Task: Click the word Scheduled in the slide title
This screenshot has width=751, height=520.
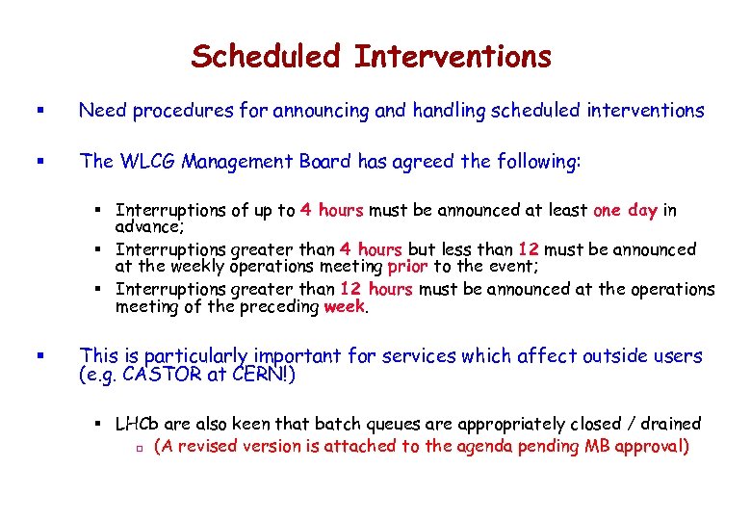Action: click(267, 57)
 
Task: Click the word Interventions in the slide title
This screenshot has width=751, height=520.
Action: click(453, 57)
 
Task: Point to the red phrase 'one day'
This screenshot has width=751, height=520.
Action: click(626, 210)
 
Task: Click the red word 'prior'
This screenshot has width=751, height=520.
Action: click(406, 267)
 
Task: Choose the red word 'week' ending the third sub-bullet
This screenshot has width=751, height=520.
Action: click(344, 307)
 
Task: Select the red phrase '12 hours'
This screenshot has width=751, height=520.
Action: click(375, 290)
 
